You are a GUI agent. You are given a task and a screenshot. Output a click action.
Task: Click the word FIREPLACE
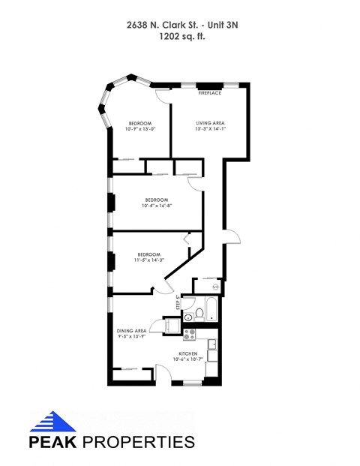(210, 93)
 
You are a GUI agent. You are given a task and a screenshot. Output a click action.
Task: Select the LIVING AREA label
(211, 122)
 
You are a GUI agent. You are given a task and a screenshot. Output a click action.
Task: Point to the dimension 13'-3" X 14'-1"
(211, 129)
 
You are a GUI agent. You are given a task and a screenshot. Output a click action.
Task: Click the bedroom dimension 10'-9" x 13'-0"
(139, 129)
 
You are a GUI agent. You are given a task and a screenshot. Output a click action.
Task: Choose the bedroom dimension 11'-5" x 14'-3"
(148, 260)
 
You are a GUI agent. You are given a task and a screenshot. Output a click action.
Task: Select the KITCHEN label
(187, 353)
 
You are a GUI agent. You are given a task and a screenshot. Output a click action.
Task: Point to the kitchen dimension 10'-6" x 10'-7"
(187, 359)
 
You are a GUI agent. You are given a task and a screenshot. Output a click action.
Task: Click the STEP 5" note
(178, 302)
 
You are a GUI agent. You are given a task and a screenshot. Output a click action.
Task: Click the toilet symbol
(199, 314)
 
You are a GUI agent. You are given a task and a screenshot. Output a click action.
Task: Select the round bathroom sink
(187, 317)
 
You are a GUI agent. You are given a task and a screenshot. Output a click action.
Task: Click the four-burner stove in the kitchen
(189, 335)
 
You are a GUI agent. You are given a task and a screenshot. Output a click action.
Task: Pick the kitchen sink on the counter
(213, 345)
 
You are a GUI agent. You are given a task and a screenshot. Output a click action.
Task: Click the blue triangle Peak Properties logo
(53, 421)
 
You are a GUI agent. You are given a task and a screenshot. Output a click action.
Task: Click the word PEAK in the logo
(51, 441)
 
